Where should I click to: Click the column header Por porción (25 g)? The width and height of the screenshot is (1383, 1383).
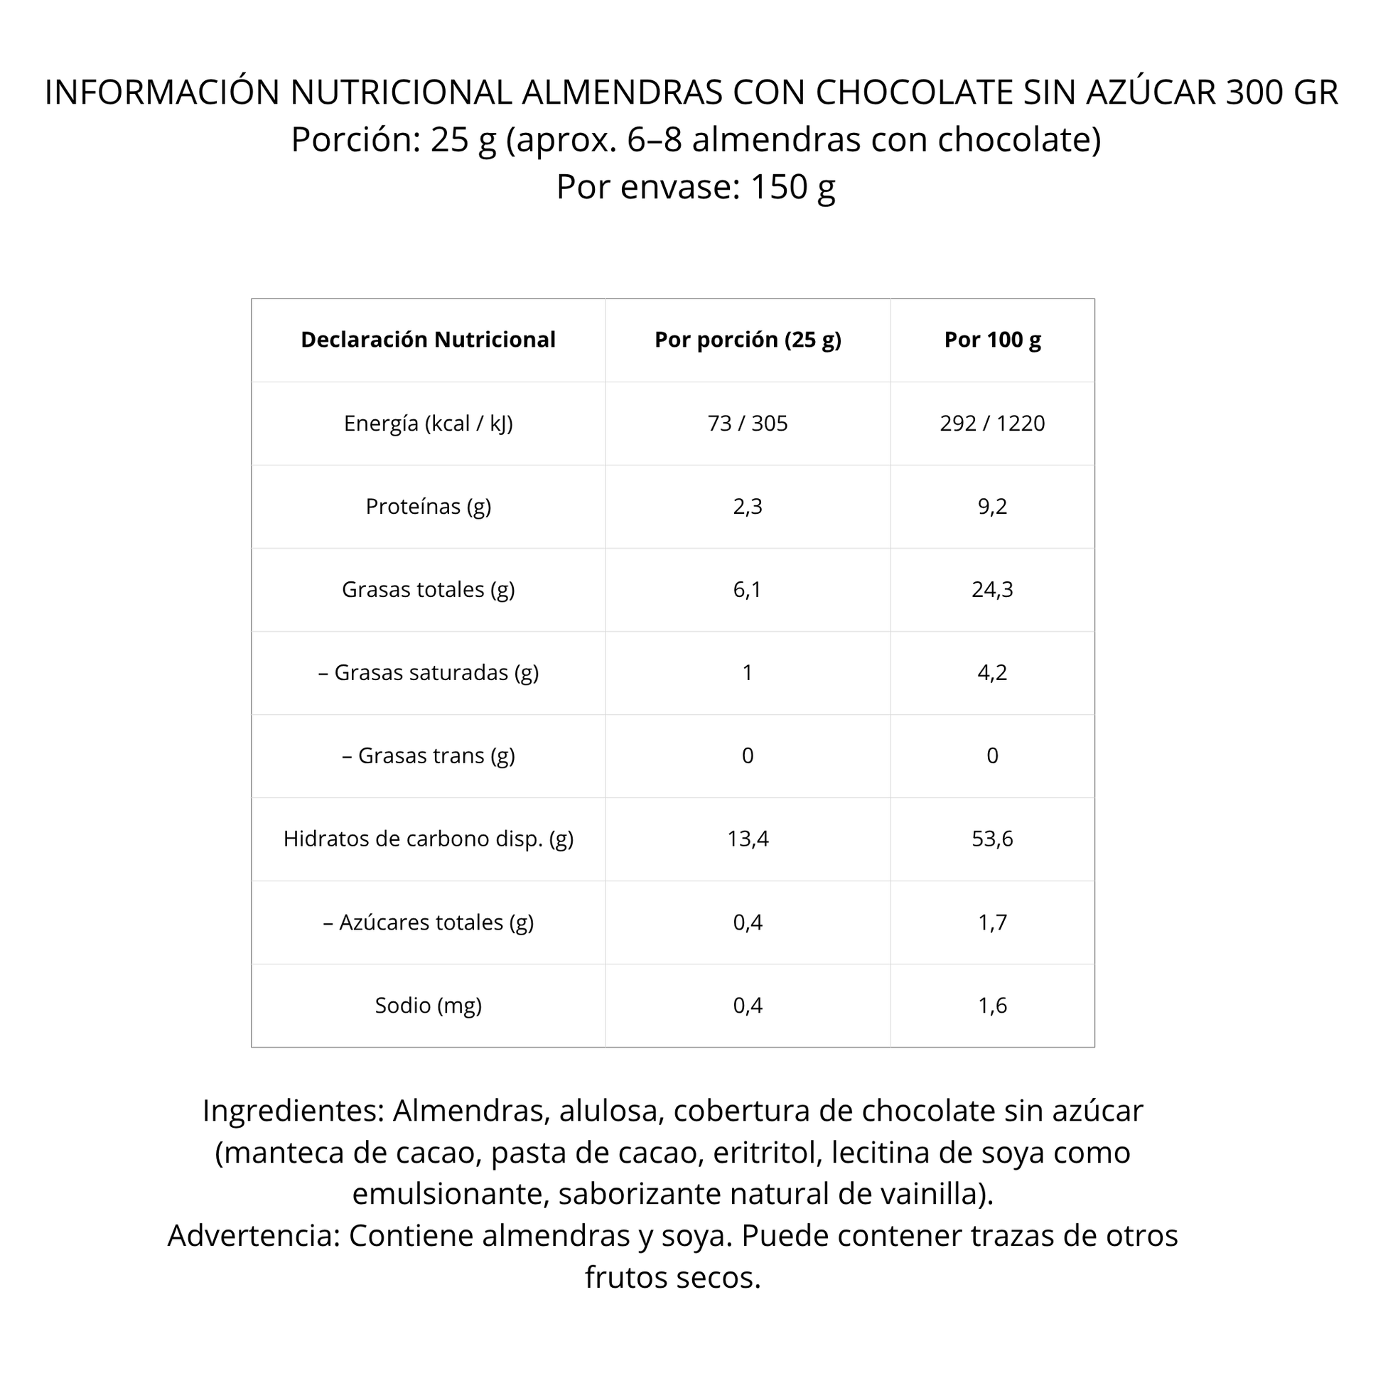click(748, 340)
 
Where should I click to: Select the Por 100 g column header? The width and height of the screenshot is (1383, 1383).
click(992, 340)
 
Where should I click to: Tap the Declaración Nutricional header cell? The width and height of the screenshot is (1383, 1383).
click(428, 340)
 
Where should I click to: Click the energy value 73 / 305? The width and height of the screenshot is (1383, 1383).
click(748, 423)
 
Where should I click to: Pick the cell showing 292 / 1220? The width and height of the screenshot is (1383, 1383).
click(992, 423)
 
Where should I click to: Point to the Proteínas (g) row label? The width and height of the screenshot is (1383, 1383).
click(428, 506)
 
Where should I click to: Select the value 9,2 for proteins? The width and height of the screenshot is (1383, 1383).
click(992, 506)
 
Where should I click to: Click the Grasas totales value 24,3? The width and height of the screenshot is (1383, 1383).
click(992, 589)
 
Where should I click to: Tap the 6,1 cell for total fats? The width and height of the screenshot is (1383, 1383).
click(748, 589)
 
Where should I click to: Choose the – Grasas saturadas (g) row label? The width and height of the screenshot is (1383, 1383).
click(428, 672)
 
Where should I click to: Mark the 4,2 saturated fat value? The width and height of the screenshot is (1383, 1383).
click(992, 672)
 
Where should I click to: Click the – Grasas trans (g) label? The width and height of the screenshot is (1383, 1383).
click(428, 755)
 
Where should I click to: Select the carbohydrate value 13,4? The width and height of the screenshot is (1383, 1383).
click(748, 838)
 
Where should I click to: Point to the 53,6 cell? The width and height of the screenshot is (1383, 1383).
click(992, 838)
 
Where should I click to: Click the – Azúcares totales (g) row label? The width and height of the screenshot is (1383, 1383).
click(428, 922)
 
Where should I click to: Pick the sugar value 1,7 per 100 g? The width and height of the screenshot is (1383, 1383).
click(992, 922)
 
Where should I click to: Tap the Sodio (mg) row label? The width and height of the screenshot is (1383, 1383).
click(428, 1005)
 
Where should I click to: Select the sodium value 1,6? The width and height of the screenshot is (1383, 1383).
click(992, 1005)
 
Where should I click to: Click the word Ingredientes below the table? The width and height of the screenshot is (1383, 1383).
click(293, 1111)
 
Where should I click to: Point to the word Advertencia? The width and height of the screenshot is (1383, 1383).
click(254, 1236)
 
